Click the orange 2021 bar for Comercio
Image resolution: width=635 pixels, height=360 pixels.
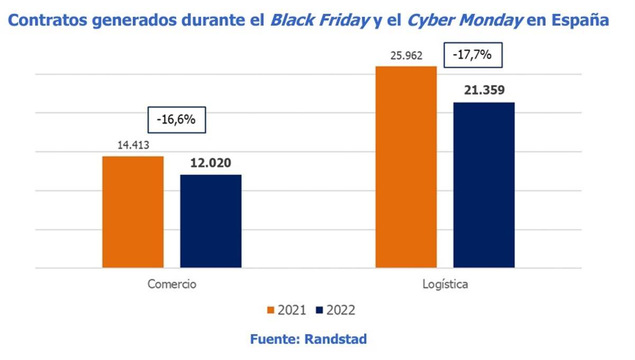point(133,212)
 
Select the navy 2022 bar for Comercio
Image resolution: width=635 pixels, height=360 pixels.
point(211,221)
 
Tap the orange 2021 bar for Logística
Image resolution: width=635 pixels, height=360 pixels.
point(406,167)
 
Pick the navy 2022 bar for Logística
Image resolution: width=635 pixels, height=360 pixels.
point(484,185)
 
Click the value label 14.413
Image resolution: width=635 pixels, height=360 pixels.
point(133,145)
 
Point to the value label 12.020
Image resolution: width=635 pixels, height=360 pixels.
point(211,163)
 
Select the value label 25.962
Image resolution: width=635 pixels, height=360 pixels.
point(406,55)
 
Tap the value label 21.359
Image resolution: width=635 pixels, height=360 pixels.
point(484,90)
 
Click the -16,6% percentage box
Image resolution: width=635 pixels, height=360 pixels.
point(176,120)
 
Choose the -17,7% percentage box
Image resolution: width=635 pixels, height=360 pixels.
point(473,55)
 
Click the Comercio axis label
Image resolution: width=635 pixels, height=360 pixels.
point(172,284)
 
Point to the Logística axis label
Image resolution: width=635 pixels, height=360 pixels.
point(445,284)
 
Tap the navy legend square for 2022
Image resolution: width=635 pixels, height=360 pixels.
point(319,310)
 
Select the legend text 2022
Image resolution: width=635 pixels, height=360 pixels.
point(340,310)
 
